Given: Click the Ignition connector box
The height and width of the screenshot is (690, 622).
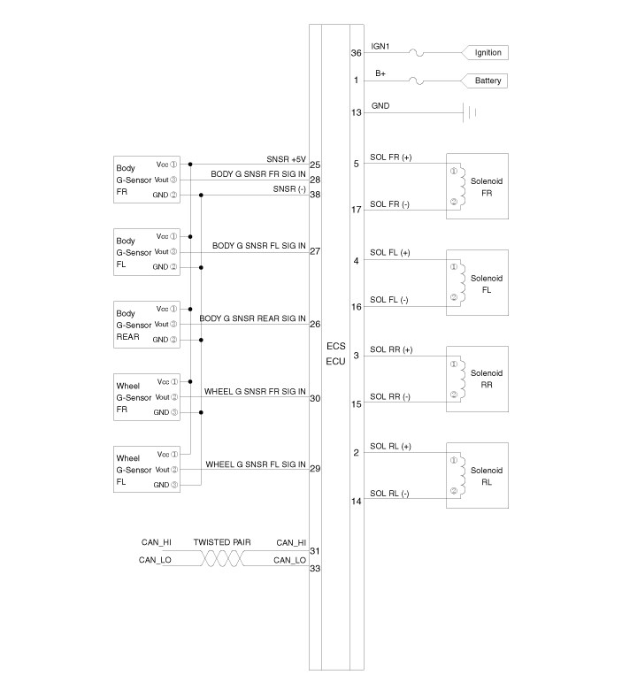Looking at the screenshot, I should click(x=488, y=53).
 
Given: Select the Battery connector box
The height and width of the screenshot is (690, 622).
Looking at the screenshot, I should click(x=488, y=80).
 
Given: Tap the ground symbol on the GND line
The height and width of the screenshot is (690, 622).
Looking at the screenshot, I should click(x=472, y=112).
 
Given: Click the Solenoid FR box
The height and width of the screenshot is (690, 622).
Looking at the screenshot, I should click(x=477, y=186).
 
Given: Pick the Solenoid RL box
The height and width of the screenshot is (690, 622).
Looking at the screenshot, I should click(x=477, y=475).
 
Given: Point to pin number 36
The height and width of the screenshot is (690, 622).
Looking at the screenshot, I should click(x=356, y=53).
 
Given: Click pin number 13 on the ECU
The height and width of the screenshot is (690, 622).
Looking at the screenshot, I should click(x=356, y=113).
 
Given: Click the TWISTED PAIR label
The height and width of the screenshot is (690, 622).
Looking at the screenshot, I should click(x=222, y=542).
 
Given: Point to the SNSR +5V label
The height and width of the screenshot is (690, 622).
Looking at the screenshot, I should click(x=287, y=159).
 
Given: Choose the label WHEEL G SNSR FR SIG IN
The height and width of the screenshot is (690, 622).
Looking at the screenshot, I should click(x=255, y=391).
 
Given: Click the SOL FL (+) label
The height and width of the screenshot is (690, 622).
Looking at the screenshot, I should click(x=389, y=253).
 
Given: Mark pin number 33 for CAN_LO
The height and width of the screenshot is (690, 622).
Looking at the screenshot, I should click(x=314, y=569).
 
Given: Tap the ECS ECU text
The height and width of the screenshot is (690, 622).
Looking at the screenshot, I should click(x=335, y=354).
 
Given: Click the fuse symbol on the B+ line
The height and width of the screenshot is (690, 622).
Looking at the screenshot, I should click(x=414, y=80).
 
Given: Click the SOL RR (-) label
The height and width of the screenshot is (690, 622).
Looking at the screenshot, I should click(x=389, y=396).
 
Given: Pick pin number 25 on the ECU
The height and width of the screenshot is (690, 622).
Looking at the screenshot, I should click(x=315, y=165).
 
